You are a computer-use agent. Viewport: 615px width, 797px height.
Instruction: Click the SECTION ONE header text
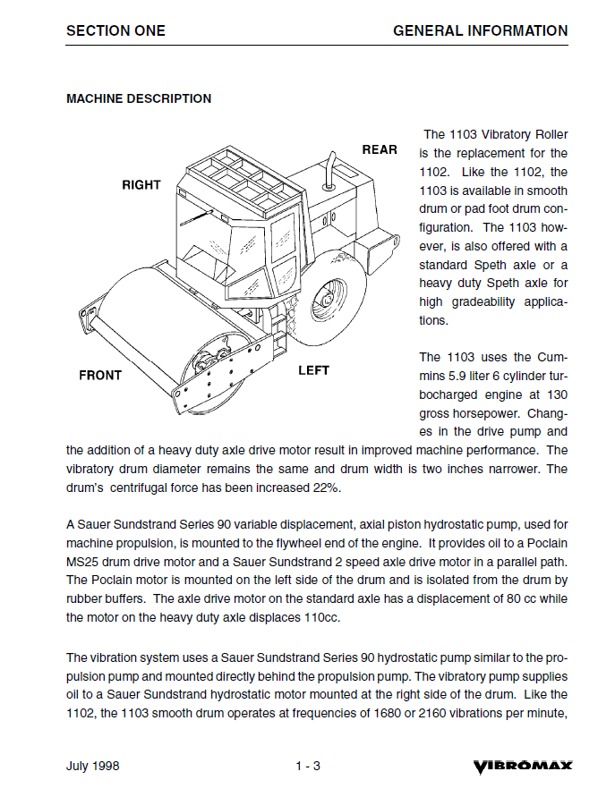point(115,30)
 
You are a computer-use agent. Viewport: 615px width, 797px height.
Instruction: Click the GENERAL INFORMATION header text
point(480,30)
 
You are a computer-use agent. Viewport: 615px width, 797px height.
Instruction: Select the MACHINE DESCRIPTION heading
point(139,98)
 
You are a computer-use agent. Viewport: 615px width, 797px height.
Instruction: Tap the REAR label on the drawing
point(380,149)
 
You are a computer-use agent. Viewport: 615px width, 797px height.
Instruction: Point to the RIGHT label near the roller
point(141,185)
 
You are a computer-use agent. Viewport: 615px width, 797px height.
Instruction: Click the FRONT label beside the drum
point(100,375)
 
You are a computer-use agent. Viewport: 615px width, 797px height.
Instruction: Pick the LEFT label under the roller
point(313,370)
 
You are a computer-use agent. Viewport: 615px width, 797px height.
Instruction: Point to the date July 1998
point(92,767)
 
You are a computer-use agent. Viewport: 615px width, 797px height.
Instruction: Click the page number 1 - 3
point(308,767)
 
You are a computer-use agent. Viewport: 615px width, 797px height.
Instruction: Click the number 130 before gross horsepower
point(556,394)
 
